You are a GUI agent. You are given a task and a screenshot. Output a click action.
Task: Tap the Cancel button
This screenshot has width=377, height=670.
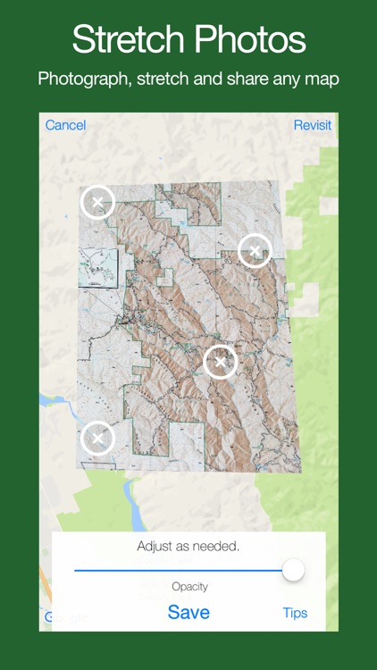tap(65, 125)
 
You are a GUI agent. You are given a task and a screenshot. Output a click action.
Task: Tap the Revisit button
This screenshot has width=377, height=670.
tap(312, 125)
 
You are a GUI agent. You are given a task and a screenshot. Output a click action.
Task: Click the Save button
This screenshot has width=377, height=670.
tap(188, 612)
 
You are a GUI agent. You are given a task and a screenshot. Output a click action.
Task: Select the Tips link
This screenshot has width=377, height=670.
tap(295, 613)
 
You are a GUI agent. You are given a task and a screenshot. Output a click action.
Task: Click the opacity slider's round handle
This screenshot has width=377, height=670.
tap(292, 570)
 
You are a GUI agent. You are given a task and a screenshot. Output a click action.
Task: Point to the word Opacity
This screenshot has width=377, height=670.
tap(189, 587)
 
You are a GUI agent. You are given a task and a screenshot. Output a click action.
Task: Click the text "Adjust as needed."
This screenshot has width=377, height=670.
tap(188, 546)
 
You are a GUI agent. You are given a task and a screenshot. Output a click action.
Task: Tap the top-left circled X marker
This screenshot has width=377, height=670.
tap(98, 202)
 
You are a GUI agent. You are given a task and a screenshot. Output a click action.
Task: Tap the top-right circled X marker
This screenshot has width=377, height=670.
tap(255, 250)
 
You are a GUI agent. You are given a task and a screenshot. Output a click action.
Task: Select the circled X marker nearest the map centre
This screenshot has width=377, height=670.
tap(221, 362)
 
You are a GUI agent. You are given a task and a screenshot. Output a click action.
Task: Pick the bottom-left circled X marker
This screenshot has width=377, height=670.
tap(98, 438)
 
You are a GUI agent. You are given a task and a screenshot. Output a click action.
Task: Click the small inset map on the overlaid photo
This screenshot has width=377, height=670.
tap(98, 267)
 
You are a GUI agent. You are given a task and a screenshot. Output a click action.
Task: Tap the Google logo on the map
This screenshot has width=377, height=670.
tap(67, 616)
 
